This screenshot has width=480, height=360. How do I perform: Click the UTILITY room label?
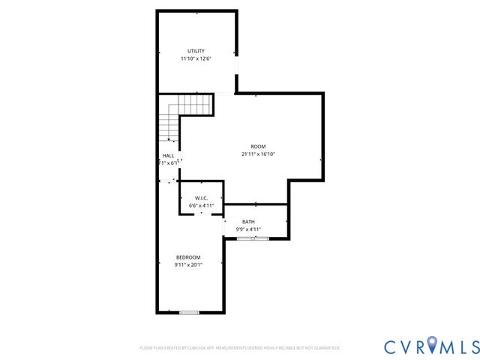[196, 51]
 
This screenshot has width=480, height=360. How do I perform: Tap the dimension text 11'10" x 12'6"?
[196, 58]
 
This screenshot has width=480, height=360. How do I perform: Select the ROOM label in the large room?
[258, 146]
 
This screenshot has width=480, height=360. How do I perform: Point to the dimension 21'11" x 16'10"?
[258, 154]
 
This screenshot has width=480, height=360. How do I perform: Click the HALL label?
[168, 155]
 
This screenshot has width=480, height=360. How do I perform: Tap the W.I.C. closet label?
[201, 198]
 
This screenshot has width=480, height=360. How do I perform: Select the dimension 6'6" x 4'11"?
[201, 205]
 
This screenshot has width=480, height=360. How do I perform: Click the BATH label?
[248, 222]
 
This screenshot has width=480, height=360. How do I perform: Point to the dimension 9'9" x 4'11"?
[248, 229]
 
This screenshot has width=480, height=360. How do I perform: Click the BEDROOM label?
[188, 257]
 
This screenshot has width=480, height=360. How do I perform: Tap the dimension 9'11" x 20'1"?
[188, 265]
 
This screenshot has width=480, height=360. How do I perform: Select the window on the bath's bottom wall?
[253, 238]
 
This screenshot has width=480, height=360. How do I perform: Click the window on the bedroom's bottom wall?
[189, 312]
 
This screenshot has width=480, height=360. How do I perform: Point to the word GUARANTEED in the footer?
[325, 348]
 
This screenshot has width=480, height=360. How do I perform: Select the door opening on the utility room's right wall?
[237, 74]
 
